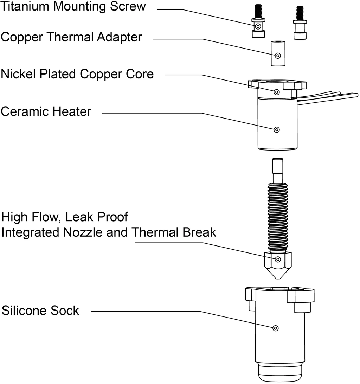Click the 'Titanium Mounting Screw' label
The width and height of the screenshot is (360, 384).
tap(73, 6)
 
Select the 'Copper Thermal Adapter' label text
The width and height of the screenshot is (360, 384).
tap(71, 37)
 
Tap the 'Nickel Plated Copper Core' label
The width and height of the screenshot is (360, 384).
tap(77, 74)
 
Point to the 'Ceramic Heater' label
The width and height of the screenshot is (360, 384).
tap(46, 111)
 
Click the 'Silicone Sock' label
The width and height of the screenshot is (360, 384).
tap(40, 311)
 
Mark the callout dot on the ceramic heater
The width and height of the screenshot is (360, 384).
tap(277, 130)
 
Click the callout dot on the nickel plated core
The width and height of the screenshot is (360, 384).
tap(277, 92)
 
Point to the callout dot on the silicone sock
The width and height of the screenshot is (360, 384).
tap(276, 328)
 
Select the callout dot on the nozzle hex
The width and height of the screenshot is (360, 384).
tap(278, 260)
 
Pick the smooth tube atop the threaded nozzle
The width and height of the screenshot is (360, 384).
tap(278, 170)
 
